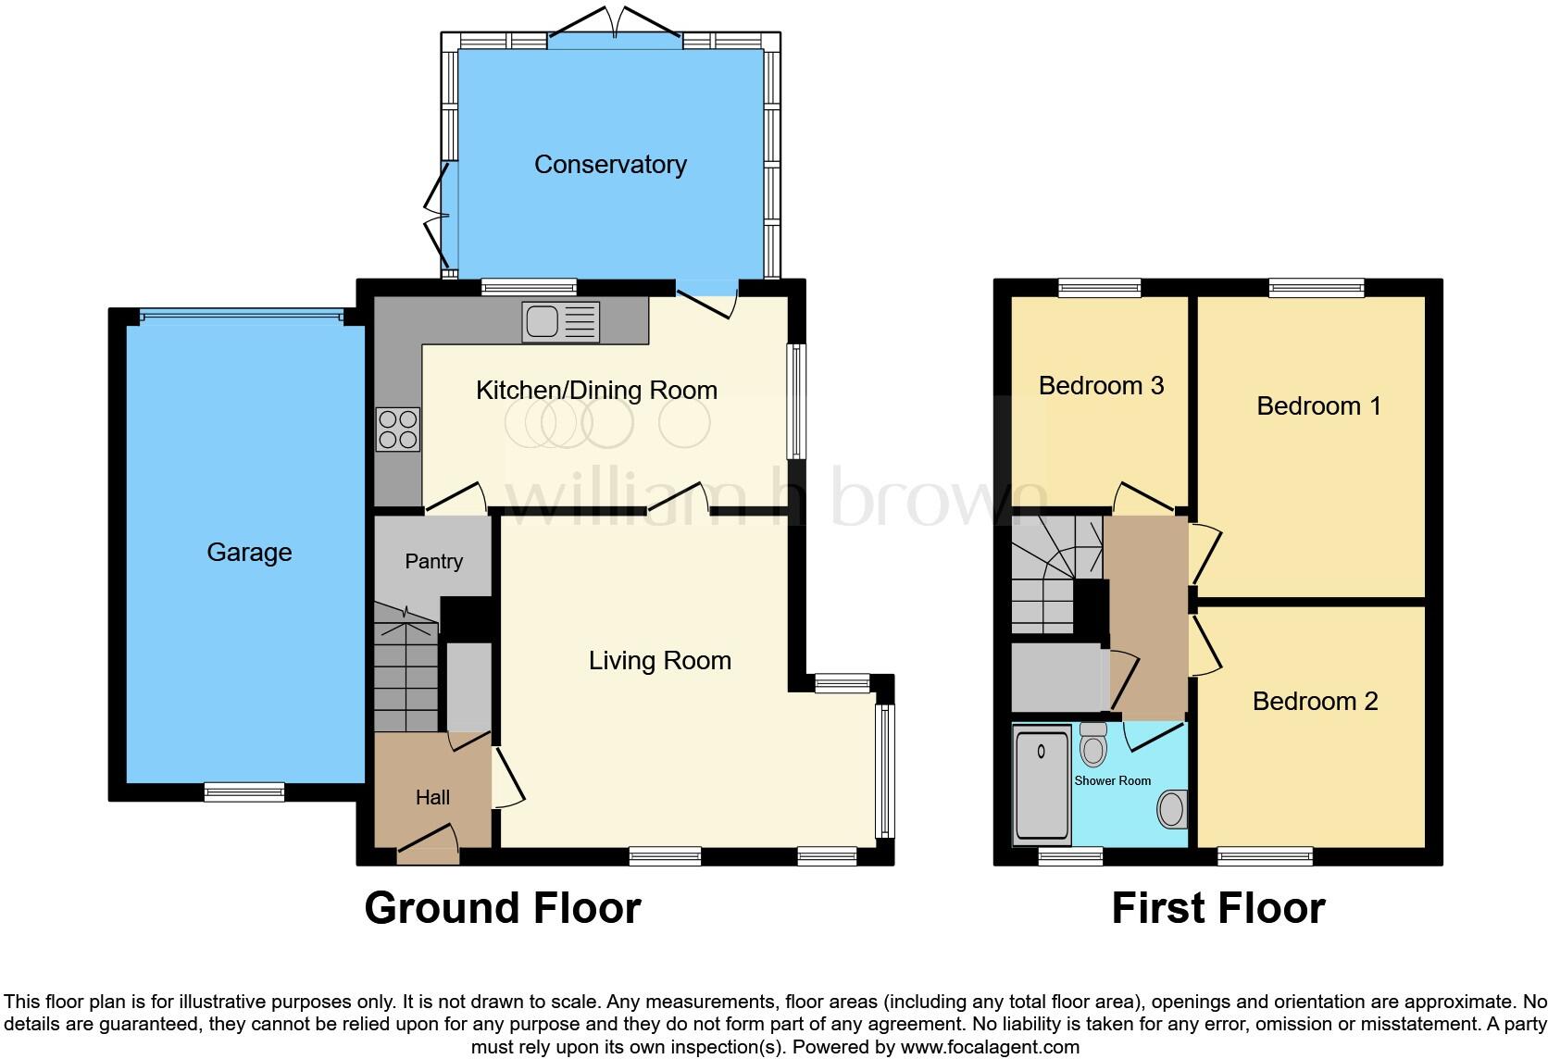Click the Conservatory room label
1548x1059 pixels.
610,165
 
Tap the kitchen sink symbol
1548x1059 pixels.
560,322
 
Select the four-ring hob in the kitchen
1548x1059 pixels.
398,430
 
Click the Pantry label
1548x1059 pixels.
433,562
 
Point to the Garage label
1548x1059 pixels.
249,553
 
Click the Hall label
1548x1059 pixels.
432,798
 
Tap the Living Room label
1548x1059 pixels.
659,661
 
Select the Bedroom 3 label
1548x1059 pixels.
1101,386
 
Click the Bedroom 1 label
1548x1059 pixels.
1318,406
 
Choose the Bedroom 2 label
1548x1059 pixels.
1315,702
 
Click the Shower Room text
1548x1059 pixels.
1112,781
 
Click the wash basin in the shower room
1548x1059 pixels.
1172,809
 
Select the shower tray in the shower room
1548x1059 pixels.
1042,785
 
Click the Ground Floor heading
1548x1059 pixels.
503,908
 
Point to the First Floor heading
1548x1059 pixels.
1217,908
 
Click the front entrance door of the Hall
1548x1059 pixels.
429,848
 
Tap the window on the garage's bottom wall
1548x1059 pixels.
244,791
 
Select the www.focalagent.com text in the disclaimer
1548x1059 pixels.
990,1048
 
